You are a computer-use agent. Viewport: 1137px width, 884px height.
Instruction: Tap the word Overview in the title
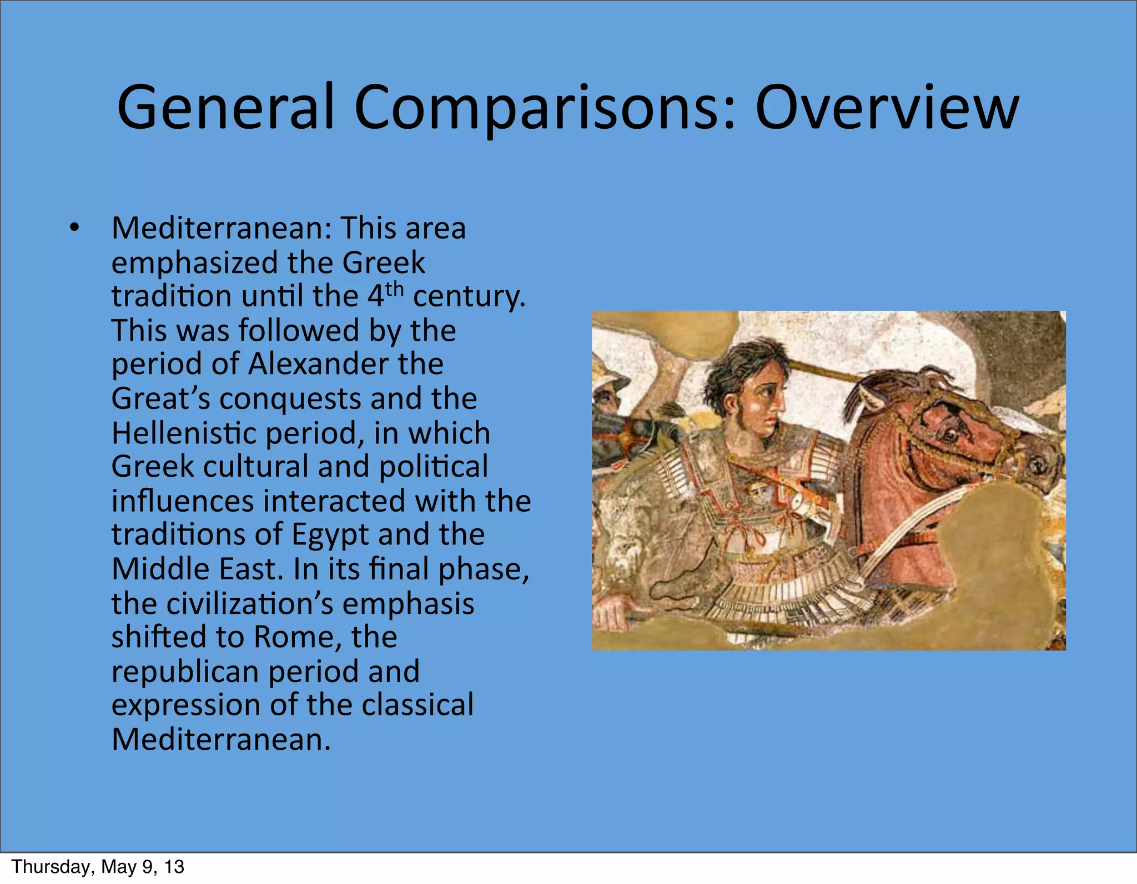tap(886, 107)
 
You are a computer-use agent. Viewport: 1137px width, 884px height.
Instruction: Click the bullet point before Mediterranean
tap(74, 228)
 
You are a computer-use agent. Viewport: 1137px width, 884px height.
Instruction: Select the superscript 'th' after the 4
tap(394, 290)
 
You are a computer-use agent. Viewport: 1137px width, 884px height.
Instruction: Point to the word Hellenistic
tap(183, 433)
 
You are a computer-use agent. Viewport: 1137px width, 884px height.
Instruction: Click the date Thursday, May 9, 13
tap(98, 867)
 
